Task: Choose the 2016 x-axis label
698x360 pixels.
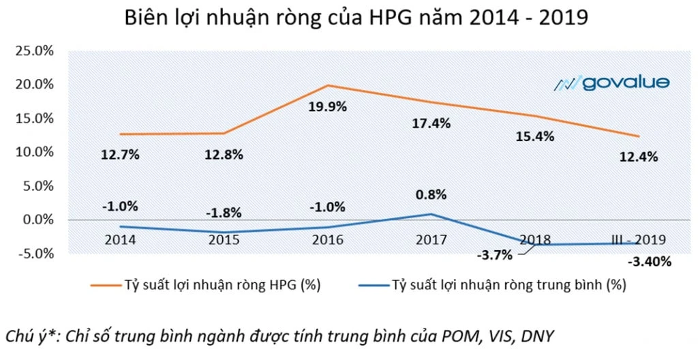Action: (x=327, y=240)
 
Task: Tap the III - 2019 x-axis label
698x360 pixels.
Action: (x=638, y=240)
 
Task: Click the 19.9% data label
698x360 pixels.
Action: (x=328, y=107)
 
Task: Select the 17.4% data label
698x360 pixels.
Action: (x=431, y=125)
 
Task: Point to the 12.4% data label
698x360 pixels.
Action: (x=639, y=157)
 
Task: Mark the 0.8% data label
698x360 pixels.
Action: (x=431, y=194)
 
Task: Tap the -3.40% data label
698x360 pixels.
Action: (x=648, y=261)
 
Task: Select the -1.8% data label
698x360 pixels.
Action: (x=224, y=212)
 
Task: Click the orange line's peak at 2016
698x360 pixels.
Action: (x=328, y=85)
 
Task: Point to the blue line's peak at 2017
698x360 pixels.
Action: (x=431, y=214)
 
